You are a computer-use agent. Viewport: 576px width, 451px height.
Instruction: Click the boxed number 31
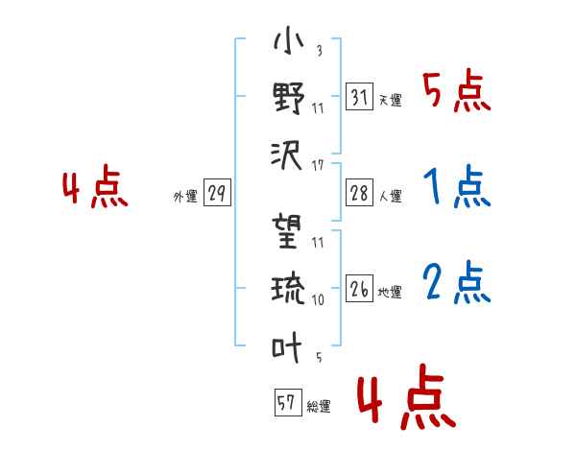359,97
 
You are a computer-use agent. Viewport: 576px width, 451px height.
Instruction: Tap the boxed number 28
359,193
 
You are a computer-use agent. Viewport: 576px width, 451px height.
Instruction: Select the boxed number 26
359,287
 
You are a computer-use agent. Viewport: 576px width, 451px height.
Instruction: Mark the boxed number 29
217,193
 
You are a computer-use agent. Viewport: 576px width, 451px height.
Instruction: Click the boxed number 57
287,403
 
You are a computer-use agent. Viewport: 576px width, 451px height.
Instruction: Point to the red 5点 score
457,92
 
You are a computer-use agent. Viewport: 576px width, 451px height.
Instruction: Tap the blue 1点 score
457,188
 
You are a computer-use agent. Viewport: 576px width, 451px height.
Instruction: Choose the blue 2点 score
457,282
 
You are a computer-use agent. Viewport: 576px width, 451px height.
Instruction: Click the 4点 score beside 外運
95,188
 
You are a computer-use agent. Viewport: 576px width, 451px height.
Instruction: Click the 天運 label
390,100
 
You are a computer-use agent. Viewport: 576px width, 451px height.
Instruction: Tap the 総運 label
318,407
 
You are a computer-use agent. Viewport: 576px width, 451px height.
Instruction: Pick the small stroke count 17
318,166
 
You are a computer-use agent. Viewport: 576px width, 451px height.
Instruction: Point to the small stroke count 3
318,51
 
